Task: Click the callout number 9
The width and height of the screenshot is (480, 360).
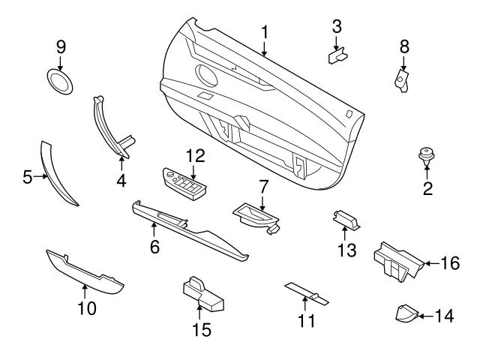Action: [61, 46]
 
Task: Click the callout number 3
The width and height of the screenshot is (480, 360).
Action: [337, 26]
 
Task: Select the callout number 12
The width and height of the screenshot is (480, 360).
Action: [195, 156]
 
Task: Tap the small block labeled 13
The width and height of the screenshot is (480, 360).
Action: [345, 219]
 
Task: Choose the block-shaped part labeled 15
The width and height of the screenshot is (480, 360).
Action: [202, 294]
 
